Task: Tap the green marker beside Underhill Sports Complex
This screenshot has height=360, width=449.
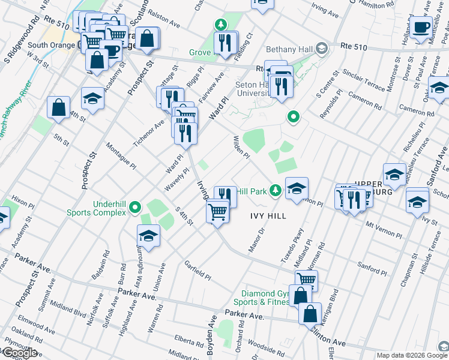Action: [135, 208]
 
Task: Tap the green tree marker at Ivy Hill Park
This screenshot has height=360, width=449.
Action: [275, 191]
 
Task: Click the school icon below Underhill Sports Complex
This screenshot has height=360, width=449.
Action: [148, 235]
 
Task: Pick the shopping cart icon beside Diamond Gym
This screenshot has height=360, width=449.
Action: [306, 279]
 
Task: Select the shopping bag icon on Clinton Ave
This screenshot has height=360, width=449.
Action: [310, 314]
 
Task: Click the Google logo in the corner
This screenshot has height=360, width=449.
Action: [19, 353]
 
